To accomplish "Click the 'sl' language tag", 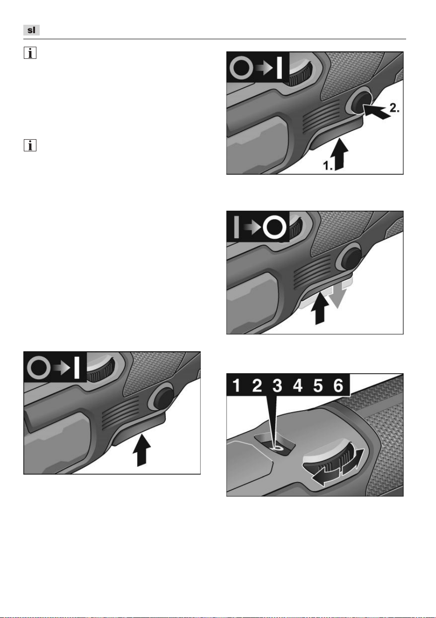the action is [x=31, y=30].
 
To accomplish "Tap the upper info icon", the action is [x=30, y=53].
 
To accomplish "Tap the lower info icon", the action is [x=30, y=145].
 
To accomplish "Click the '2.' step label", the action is [x=394, y=108].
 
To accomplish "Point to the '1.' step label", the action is [x=328, y=165].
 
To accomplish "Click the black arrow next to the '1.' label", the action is [x=341, y=154].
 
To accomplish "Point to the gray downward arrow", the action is [x=338, y=296].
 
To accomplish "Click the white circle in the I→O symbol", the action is [x=274, y=227].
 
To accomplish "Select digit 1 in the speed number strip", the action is [x=236, y=385].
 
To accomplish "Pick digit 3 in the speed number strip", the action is [x=277, y=385].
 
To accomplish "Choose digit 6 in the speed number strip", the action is [x=338, y=385].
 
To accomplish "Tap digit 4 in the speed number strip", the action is [x=298, y=385].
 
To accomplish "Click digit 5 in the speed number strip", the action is [x=318, y=385].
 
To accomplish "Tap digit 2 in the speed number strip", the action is [x=257, y=385].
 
